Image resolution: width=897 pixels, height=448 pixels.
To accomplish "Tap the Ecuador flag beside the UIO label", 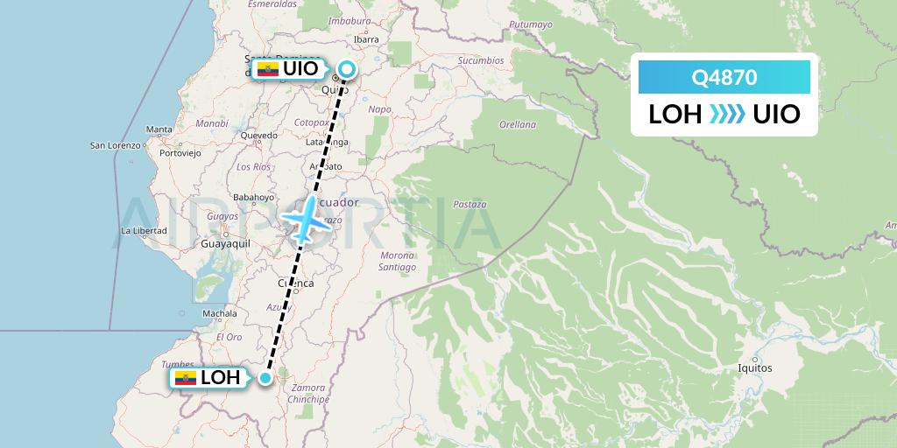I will click(x=266, y=69).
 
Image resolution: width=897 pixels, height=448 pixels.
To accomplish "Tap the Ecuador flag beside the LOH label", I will click(x=185, y=378).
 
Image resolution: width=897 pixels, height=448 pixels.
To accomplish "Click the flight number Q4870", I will click(x=724, y=78).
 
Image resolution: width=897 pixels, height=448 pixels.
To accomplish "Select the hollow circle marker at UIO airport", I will click(x=348, y=68).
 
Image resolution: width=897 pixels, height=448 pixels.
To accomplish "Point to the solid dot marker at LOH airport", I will click(x=265, y=378).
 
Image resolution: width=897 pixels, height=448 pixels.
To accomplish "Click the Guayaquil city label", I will click(x=226, y=244).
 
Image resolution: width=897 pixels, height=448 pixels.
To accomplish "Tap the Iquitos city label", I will click(x=755, y=368).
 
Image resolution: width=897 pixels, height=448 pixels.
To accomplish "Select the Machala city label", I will click(x=219, y=313).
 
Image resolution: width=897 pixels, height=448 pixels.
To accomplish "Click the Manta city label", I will click(x=159, y=129).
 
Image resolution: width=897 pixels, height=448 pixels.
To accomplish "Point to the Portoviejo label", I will click(x=180, y=152).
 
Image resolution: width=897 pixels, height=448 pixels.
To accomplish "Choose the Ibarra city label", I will click(x=366, y=39).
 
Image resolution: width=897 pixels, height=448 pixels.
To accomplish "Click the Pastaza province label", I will click(x=470, y=204).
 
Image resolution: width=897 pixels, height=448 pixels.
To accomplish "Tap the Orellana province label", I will click(x=517, y=124).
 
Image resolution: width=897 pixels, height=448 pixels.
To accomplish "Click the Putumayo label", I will click(x=532, y=24).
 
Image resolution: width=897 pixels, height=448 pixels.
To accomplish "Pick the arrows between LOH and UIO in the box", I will click(x=727, y=114).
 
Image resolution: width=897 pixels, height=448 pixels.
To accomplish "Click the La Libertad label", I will click(x=144, y=231).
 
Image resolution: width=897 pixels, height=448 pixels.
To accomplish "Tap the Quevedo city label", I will click(x=258, y=136).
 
